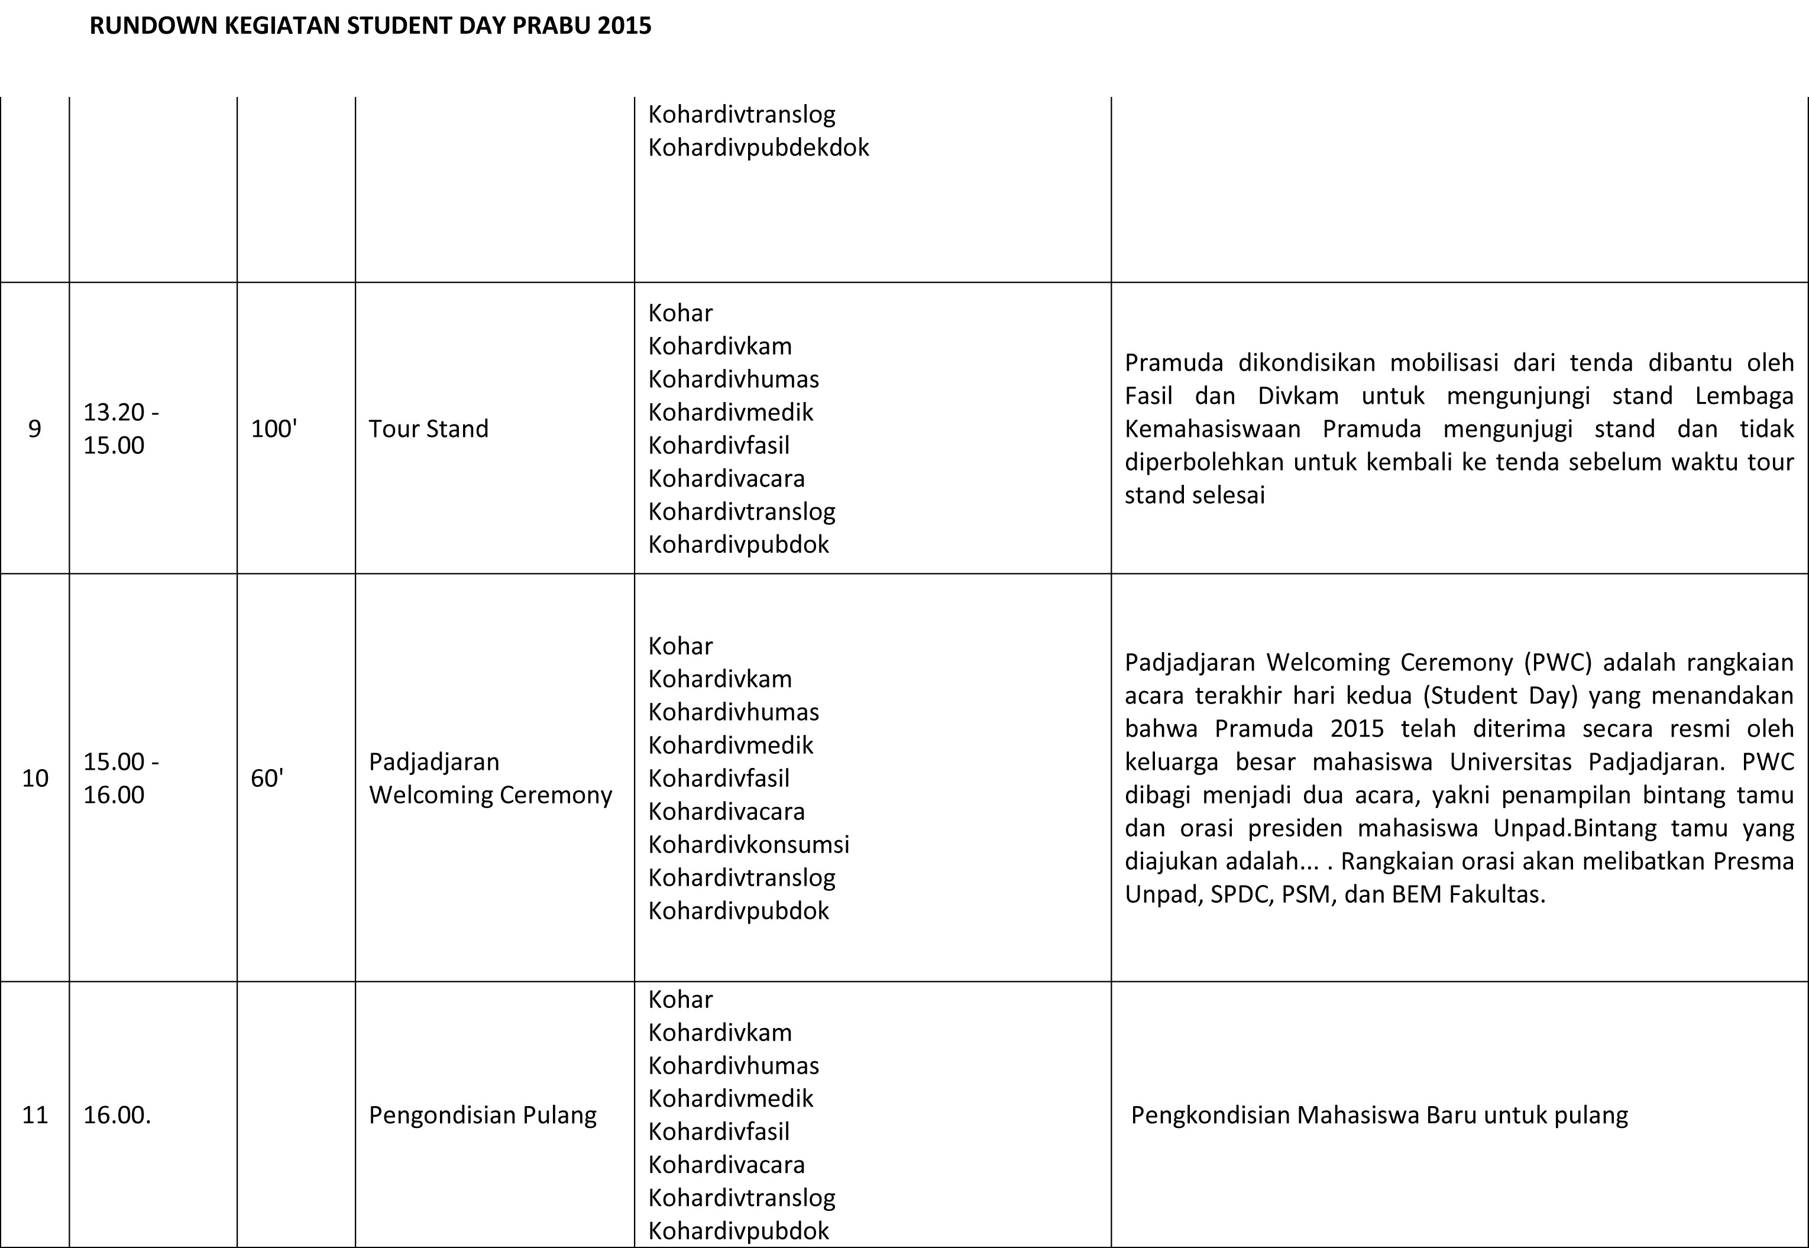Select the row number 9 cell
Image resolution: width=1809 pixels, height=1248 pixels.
tap(34, 429)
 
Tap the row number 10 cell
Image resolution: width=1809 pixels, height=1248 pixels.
tap(34, 778)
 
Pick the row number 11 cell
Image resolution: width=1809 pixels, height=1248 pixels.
tap(34, 1114)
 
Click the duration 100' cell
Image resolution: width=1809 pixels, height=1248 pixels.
tap(274, 429)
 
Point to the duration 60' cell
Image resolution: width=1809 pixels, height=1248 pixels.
tap(267, 778)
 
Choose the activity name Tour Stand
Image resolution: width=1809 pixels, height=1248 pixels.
tap(429, 429)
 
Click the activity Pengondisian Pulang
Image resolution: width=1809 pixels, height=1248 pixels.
tap(483, 1114)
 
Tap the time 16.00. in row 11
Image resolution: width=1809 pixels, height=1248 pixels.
tap(116, 1114)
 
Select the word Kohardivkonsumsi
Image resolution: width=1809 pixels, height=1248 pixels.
tap(749, 844)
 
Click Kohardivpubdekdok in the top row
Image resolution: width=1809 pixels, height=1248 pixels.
tap(758, 147)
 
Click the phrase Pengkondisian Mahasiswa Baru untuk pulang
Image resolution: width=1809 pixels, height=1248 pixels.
tap(1379, 1114)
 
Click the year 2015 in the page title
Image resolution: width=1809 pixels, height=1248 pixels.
tap(623, 26)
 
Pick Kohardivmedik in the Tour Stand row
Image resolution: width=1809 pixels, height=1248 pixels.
tap(730, 412)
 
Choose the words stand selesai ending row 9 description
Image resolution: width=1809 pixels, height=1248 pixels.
tap(1194, 495)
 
